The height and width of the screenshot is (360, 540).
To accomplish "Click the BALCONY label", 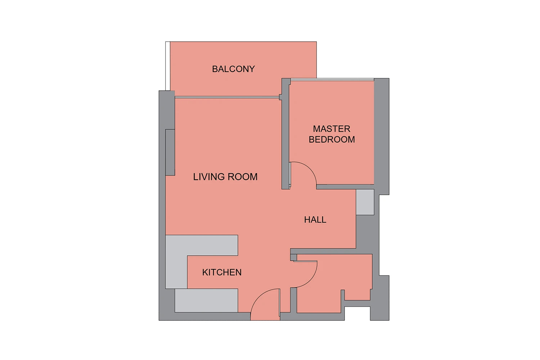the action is point(233,69).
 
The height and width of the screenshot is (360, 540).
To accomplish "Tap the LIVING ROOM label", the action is point(225,177).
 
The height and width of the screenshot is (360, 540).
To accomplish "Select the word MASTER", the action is point(332,129).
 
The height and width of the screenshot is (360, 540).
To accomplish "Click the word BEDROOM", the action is point(332,139).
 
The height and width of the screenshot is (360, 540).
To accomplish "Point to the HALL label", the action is point(315,220).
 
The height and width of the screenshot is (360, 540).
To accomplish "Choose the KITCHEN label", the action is point(222,272).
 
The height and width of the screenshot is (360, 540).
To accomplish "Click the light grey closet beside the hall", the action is point(365,202).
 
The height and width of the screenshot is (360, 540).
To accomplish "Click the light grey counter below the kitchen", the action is point(206,301).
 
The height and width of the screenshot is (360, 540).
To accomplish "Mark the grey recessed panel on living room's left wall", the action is point(170,152).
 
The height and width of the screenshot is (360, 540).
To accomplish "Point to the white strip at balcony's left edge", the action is point(167,66).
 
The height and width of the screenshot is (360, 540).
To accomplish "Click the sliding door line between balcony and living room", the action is point(227,97).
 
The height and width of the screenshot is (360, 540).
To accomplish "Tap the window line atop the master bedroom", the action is point(332,80).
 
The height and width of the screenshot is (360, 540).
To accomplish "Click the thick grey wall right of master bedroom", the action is point(381,136).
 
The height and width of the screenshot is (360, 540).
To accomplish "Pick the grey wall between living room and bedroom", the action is point(285,134).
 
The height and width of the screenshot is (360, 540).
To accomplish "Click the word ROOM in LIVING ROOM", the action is point(243,177).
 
